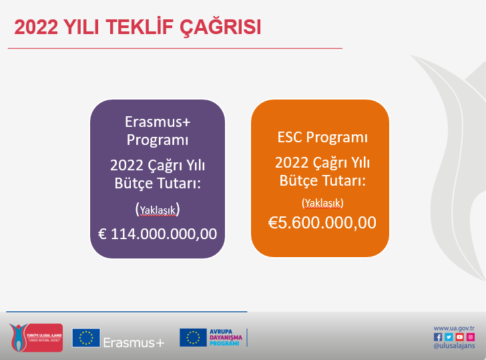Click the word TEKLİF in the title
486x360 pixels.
[140, 27]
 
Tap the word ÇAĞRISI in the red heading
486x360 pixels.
[221, 27]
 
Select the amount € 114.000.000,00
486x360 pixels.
[158, 234]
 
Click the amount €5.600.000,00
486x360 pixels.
[322, 222]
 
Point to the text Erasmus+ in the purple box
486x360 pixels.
[158, 122]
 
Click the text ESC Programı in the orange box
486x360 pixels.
[322, 137]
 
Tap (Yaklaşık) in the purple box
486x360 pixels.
[158, 210]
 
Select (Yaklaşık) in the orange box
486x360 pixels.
[322, 203]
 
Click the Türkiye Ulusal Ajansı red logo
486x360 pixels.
[36, 337]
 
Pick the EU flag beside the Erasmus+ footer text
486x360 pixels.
[86, 338]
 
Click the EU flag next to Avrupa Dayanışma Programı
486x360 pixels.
[193, 337]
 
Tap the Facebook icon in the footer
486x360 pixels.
[438, 337]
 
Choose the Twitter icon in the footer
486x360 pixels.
[449, 337]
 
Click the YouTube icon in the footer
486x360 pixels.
[460, 337]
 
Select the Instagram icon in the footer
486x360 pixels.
[471, 337]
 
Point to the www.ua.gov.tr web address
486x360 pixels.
[454, 329]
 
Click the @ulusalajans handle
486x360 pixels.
[454, 346]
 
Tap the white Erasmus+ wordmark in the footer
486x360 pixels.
[134, 343]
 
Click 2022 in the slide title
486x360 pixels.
[36, 27]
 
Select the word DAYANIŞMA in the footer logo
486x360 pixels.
[226, 337]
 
